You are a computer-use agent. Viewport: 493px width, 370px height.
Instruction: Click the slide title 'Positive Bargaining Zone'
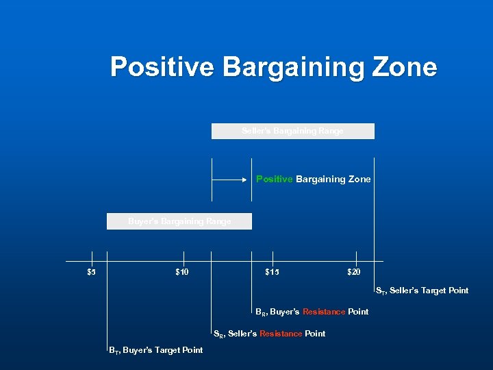[273, 67]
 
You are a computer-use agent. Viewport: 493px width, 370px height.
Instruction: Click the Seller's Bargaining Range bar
[292, 131]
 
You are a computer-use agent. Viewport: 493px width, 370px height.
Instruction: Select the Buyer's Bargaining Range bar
[179, 221]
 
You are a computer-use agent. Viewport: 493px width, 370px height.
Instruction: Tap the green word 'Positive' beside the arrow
[275, 179]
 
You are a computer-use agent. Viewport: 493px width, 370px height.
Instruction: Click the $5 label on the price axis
[91, 272]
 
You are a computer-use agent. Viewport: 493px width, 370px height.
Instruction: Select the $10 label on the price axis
[182, 272]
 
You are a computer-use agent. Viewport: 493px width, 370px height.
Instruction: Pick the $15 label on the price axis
[272, 272]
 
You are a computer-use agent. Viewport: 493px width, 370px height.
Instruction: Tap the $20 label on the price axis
[353, 272]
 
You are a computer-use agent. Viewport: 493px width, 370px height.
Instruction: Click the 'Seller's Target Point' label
[429, 291]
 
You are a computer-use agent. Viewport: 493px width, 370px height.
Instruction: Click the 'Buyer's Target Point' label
[162, 350]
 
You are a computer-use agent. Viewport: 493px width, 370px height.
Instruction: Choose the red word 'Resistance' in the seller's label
[280, 334]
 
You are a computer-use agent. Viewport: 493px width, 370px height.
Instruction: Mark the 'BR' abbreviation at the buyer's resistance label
[260, 312]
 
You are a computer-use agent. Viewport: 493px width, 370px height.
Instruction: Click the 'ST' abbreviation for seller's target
[380, 291]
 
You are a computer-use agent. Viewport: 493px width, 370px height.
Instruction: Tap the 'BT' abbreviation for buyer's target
[113, 351]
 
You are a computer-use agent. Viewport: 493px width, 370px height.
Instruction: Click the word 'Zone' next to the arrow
[359, 179]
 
